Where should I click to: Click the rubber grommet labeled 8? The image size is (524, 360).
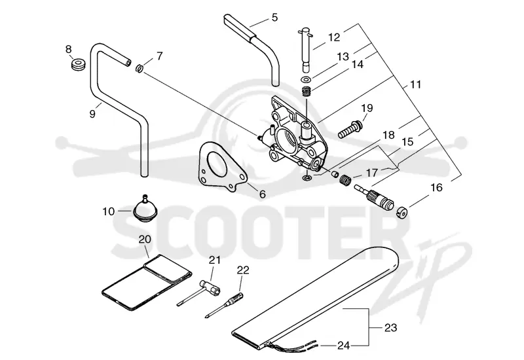(x=79, y=63)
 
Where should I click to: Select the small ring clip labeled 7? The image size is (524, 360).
(x=140, y=69)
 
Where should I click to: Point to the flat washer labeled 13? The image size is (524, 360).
(x=306, y=79)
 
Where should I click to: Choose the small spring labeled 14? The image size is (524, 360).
(x=307, y=91)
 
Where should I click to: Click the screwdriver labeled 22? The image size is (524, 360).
(x=225, y=303)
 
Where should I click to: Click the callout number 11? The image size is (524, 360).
(x=415, y=84)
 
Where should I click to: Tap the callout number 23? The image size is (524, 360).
(x=390, y=328)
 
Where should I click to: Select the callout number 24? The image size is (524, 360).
(x=343, y=346)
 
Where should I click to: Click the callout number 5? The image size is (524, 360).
(x=274, y=18)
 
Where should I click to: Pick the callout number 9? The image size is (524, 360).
(x=92, y=114)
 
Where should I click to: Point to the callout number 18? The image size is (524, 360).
(x=388, y=135)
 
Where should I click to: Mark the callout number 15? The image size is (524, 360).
(x=407, y=142)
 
